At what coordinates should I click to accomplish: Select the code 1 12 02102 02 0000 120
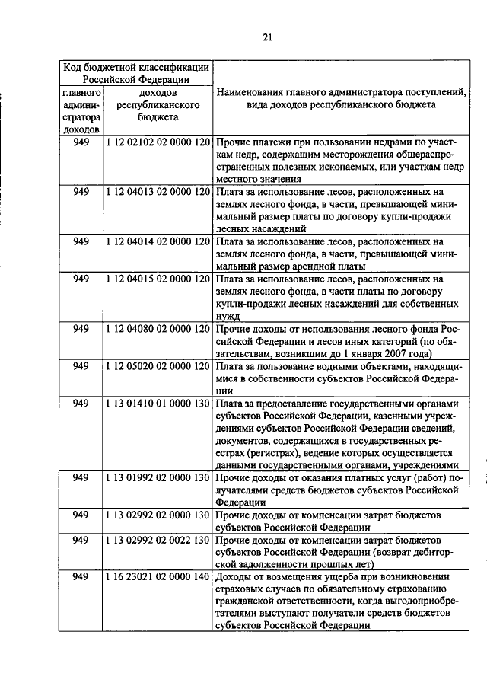158,142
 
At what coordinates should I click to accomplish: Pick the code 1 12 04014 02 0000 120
158,241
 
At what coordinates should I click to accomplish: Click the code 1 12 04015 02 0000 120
158,279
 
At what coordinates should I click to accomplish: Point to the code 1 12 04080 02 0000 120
158,328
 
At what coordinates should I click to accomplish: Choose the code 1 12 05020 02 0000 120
158,365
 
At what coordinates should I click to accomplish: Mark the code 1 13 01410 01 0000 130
158,403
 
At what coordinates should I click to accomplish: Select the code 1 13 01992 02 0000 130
158,477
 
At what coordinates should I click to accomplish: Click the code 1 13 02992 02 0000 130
158,515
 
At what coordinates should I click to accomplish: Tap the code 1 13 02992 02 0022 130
158,540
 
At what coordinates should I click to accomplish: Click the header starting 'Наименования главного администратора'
340,99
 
